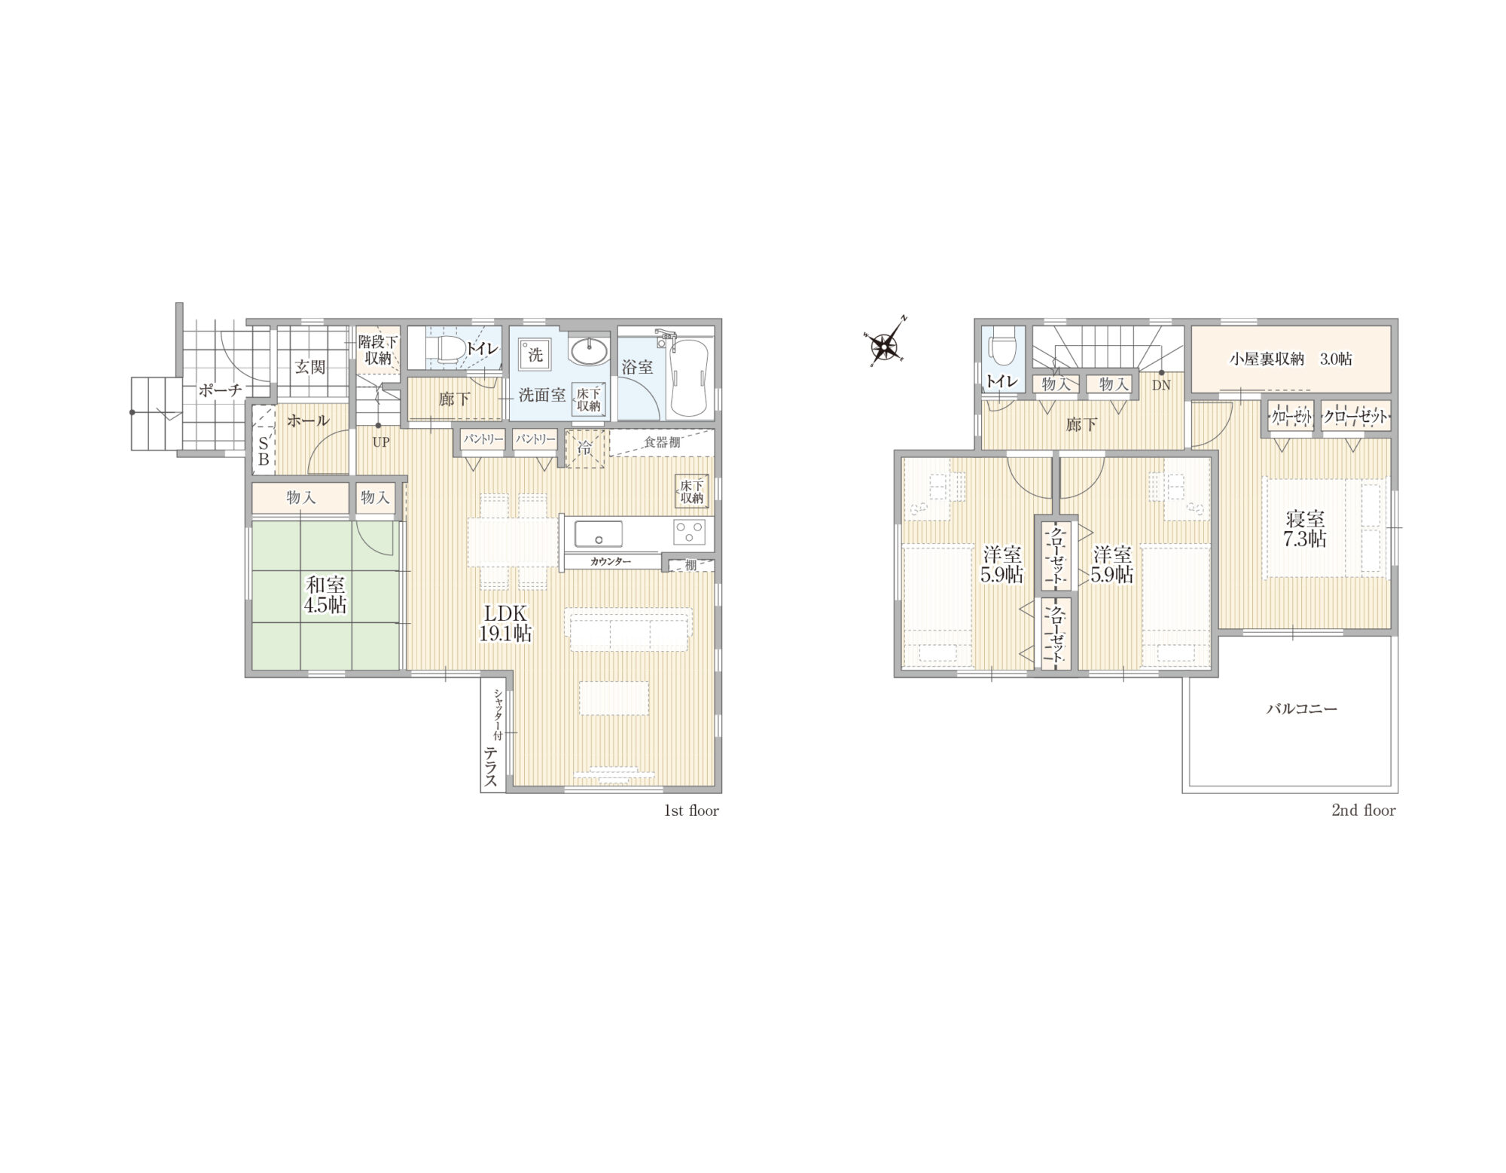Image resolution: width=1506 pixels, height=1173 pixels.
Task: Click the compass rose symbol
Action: pyautogui.click(x=885, y=346)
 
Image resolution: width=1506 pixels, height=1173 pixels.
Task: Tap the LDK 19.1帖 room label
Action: pyautogui.click(x=505, y=622)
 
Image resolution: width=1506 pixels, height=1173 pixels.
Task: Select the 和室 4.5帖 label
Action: pyautogui.click(x=325, y=594)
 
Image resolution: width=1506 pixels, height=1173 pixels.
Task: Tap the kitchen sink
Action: pyautogui.click(x=599, y=533)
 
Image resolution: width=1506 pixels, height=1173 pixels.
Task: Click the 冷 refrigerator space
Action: pyautogui.click(x=585, y=448)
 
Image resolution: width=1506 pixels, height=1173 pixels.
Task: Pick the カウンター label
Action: pyautogui.click(x=611, y=561)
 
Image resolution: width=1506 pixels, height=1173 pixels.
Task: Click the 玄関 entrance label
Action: pyautogui.click(x=309, y=367)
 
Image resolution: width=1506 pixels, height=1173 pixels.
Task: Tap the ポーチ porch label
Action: pyautogui.click(x=221, y=390)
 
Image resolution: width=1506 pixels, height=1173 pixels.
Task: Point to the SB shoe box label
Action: pyautogui.click(x=264, y=450)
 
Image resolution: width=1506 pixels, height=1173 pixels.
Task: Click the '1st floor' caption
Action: pyautogui.click(x=691, y=811)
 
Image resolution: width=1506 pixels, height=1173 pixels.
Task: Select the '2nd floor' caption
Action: pyautogui.click(x=1364, y=811)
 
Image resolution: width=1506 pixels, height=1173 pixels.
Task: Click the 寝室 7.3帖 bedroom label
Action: pyautogui.click(x=1305, y=529)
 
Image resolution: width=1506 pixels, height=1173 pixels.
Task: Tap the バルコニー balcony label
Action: pyautogui.click(x=1301, y=709)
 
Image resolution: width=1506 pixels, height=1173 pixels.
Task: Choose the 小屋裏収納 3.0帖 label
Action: pyautogui.click(x=1291, y=359)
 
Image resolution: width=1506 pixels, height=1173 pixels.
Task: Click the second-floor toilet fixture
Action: pyautogui.click(x=1001, y=349)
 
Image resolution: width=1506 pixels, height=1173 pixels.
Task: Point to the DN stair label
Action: pyautogui.click(x=1160, y=385)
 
